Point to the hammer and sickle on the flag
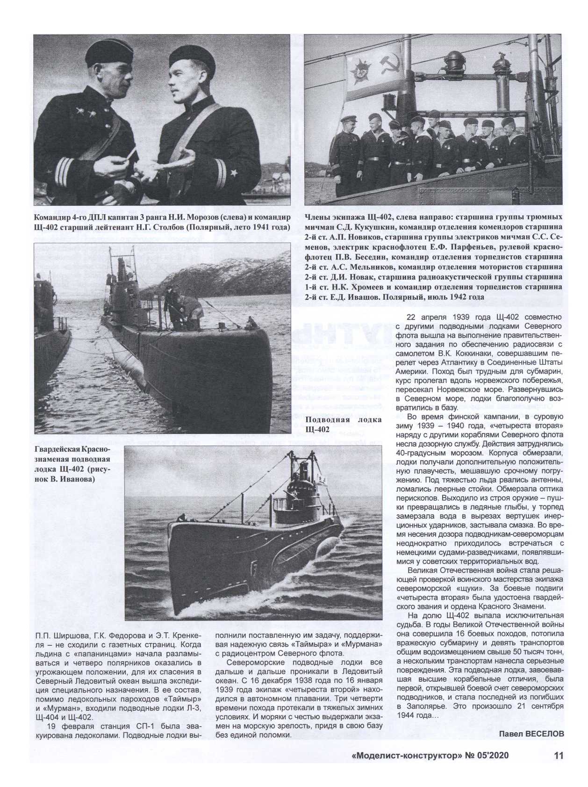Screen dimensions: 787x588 (x=387, y=70)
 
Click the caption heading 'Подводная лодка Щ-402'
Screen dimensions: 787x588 (x=343, y=424)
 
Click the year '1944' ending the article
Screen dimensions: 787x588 (x=407, y=716)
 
